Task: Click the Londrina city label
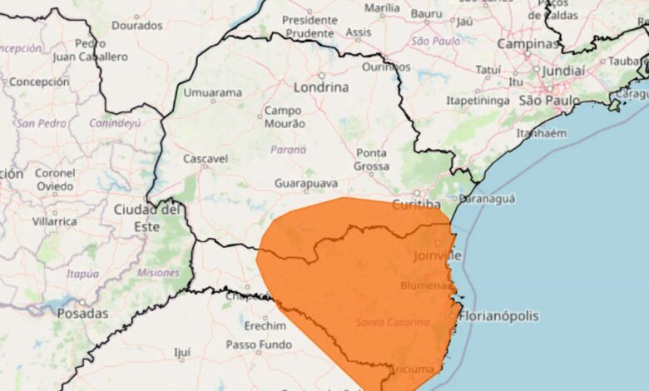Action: pos(320,86)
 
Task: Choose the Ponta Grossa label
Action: pos(371,159)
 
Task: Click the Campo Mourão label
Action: pos(284,116)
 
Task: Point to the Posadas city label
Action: pos(82,314)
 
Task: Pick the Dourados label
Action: pos(136,26)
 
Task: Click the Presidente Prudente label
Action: pos(310,26)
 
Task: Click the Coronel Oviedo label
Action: pos(55,179)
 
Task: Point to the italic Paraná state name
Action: pos(289,150)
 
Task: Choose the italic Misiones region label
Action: pos(158,273)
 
